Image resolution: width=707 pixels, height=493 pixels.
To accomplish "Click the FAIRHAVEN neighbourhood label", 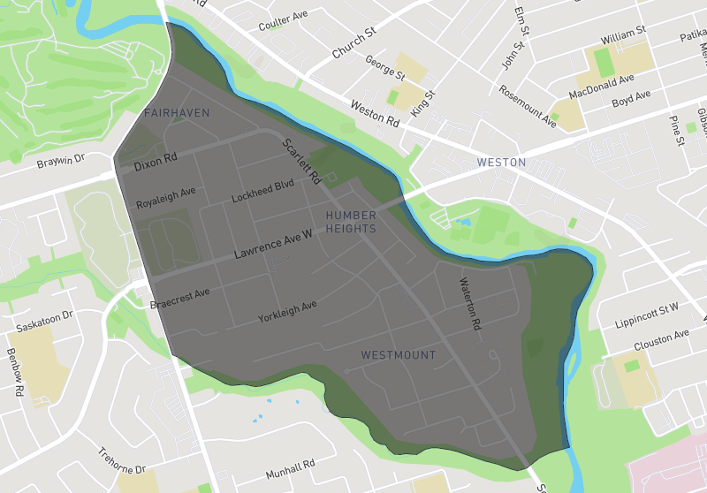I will [x=177, y=113].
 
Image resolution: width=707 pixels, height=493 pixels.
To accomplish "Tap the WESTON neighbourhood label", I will [x=501, y=163].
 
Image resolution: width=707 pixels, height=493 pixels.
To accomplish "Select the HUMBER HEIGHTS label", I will [x=351, y=222].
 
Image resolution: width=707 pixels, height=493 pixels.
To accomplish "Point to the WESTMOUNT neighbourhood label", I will [x=399, y=355].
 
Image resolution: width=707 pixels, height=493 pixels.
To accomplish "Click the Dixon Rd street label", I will [x=156, y=162].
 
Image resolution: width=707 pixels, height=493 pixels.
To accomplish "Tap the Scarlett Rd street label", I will [x=301, y=161].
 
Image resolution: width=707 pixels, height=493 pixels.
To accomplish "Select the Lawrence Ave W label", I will [x=273, y=244].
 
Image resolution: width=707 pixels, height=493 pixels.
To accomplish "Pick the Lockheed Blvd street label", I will [x=262, y=192].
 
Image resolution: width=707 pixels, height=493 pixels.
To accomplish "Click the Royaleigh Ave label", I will [x=165, y=198].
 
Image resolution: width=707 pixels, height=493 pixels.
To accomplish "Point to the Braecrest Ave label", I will [x=179, y=299].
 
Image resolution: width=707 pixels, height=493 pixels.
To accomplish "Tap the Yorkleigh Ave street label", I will [x=286, y=311].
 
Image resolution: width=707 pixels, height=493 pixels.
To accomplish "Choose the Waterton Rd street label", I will [x=468, y=304].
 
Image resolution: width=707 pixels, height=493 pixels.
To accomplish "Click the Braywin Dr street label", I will [x=59, y=162].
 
